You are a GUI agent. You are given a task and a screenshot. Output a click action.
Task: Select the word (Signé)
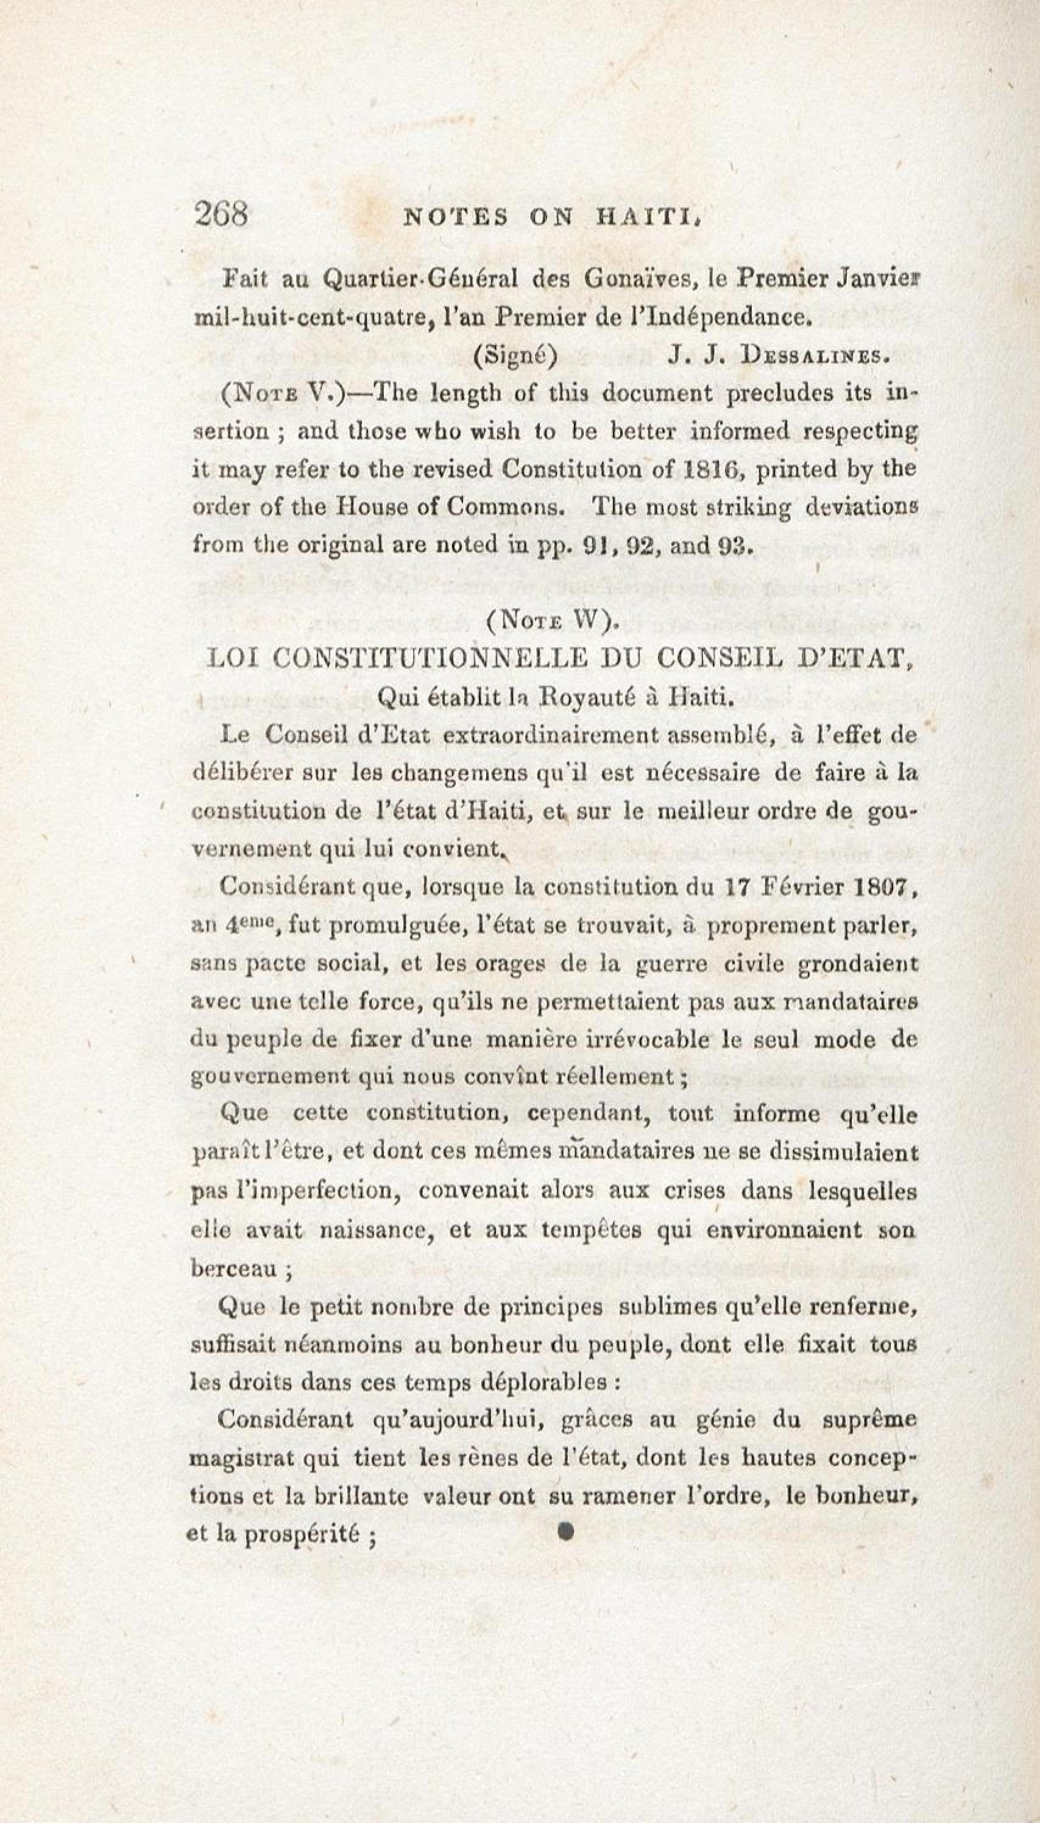tap(515, 356)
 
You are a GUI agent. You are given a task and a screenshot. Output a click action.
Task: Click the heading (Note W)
tap(551, 621)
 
